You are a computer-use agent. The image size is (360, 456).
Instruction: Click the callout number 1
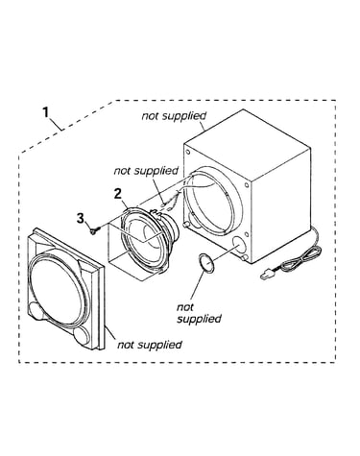tap(46, 112)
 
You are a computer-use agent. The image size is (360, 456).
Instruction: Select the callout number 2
tap(118, 194)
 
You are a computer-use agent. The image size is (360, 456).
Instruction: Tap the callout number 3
tap(81, 218)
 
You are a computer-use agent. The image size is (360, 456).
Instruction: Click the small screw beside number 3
tap(95, 230)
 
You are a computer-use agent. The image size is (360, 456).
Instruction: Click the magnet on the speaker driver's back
tap(172, 227)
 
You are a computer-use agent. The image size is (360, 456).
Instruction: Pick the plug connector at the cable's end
tap(266, 276)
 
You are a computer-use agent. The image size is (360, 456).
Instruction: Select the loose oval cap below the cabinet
tap(206, 263)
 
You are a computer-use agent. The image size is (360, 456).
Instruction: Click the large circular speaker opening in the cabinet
tap(213, 200)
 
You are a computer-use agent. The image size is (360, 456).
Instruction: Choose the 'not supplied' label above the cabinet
tap(174, 116)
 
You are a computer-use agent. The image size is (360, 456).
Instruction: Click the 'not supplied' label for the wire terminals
tap(146, 171)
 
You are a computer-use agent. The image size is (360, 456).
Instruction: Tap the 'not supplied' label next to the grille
tap(150, 345)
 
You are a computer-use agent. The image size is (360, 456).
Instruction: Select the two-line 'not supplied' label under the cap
tap(199, 313)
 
